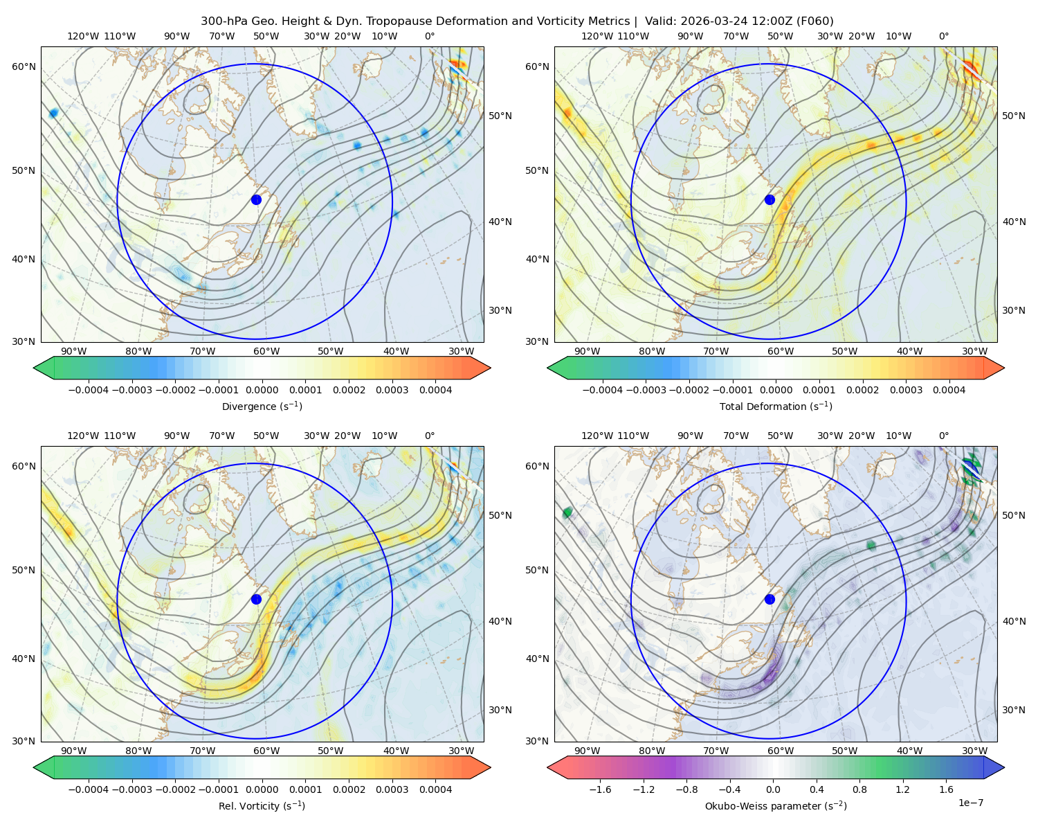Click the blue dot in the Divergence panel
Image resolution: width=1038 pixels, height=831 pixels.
[256, 199]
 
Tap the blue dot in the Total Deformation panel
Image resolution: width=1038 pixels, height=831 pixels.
[770, 199]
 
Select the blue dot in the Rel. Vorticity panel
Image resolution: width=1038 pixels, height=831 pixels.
[256, 599]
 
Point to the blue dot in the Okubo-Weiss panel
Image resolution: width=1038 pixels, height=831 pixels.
[770, 599]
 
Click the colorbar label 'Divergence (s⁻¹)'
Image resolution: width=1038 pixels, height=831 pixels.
[262, 406]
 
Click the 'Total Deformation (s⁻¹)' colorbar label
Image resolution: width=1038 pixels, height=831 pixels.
[776, 406]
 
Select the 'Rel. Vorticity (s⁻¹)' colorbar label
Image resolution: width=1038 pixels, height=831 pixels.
[262, 805]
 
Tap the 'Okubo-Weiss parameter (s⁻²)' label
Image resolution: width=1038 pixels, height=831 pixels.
[776, 805]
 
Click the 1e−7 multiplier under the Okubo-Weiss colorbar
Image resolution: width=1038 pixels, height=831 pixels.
[970, 803]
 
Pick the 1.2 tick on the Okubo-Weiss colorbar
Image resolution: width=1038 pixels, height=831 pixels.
[902, 789]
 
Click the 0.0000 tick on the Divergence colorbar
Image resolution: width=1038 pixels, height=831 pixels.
[262, 390]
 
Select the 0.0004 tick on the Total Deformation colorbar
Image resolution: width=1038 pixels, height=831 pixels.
[949, 390]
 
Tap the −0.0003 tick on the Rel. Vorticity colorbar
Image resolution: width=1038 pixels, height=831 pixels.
[131, 789]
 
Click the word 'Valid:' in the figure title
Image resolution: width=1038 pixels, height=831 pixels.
[661, 21]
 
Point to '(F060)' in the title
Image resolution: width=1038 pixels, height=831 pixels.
[815, 21]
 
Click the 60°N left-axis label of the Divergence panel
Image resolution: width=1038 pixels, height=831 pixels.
[24, 66]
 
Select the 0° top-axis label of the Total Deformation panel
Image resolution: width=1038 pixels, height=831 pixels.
[943, 36]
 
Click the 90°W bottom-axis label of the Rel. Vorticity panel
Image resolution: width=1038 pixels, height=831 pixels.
[74, 751]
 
